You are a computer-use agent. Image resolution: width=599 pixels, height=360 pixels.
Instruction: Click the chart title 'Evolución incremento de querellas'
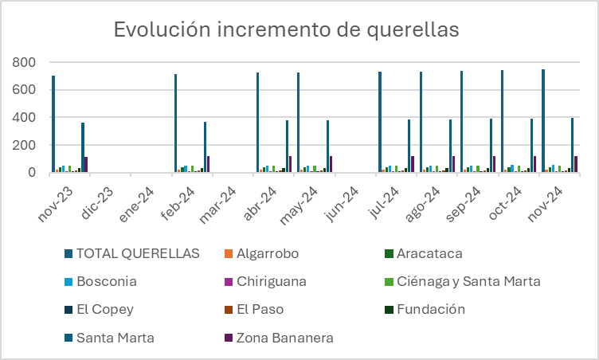[286, 29]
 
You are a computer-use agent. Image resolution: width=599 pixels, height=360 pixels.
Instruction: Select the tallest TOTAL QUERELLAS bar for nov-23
[53, 124]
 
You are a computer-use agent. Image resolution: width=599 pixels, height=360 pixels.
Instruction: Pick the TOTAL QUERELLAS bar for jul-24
[380, 122]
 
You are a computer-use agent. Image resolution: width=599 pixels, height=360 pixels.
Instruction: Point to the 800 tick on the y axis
[24, 62]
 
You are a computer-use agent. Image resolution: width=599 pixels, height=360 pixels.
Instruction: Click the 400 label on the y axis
[24, 117]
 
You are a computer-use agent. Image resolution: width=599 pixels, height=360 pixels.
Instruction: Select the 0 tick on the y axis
[31, 172]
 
